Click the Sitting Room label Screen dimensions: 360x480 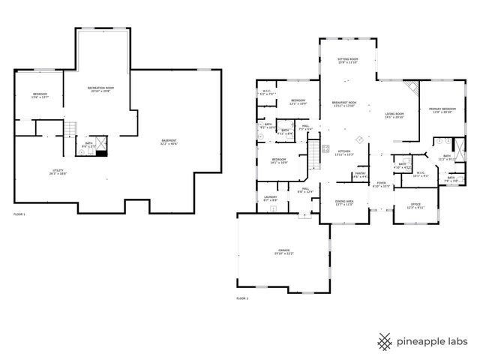coord(347,60)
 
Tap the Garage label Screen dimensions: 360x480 coord(284,250)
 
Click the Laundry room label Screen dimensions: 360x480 coord(270,199)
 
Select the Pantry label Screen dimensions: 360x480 coord(359,175)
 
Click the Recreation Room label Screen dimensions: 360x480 coord(100,90)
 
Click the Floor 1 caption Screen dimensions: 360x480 coord(19,215)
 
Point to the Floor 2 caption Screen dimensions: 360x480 coord(242,298)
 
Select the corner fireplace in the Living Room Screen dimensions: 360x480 coord(410,88)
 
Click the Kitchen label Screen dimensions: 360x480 coord(343,152)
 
